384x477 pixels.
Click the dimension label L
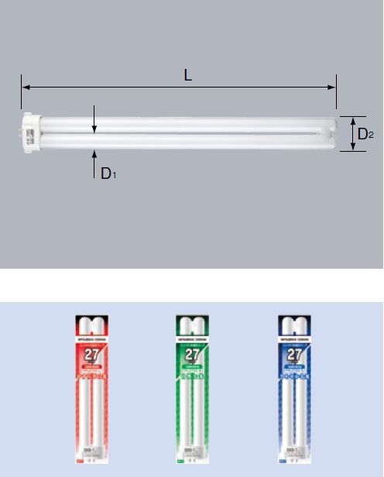pos(188,75)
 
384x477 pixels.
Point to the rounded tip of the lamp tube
pos(334,133)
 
